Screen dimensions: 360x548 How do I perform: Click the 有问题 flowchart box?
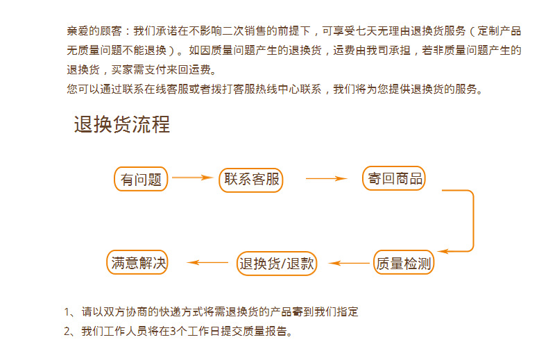[x=141, y=180]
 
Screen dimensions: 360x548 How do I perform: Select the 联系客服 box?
[x=252, y=179]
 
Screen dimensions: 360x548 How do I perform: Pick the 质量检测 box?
[x=404, y=263]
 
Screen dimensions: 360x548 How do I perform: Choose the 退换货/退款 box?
[x=277, y=263]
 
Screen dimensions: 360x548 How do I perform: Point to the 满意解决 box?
[x=139, y=262]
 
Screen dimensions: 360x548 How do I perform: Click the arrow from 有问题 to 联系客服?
[x=192, y=178]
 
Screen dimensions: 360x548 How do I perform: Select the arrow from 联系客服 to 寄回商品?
[x=325, y=179]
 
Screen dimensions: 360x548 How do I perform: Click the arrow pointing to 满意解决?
[x=207, y=263]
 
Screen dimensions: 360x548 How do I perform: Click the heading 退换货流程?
[x=122, y=125]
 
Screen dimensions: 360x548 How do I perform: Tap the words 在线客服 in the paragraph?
[x=180, y=89]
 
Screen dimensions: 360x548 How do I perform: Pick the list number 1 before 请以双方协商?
[x=68, y=312]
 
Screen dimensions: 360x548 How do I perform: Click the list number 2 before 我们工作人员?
[x=68, y=331]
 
